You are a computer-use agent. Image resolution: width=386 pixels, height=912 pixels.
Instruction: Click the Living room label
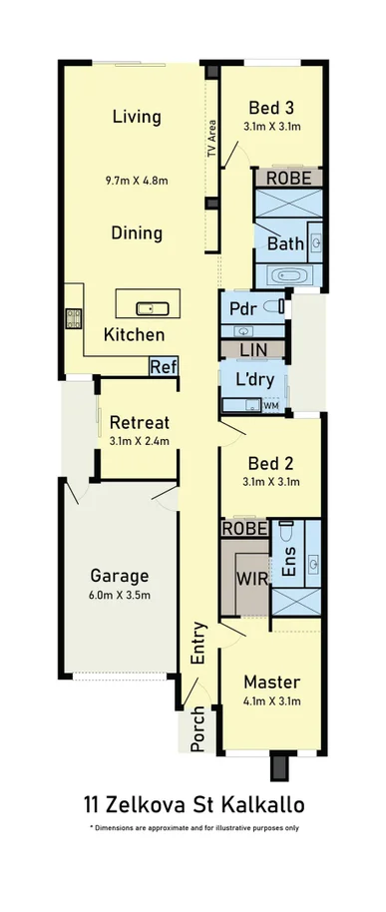137,117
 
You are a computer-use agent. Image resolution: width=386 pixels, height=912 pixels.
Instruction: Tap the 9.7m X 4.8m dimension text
137,182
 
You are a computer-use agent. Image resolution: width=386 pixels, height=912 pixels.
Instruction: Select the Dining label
137,233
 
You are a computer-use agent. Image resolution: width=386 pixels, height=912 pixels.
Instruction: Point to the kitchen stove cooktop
73,318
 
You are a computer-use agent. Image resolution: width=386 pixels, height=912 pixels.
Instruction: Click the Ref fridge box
164,366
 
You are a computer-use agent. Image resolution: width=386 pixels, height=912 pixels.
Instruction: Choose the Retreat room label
139,420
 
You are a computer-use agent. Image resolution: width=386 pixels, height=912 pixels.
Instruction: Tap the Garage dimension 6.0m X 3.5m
120,597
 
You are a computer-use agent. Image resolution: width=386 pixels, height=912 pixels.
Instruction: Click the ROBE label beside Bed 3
288,178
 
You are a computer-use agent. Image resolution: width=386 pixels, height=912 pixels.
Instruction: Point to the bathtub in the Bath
289,276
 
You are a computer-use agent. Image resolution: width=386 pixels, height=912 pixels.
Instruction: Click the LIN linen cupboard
253,350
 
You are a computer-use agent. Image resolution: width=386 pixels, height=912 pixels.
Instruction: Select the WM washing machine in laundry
271,405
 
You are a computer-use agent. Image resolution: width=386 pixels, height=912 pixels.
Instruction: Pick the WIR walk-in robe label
250,578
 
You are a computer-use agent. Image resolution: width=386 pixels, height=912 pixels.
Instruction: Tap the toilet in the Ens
284,526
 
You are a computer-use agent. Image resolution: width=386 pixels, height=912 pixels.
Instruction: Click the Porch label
198,731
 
